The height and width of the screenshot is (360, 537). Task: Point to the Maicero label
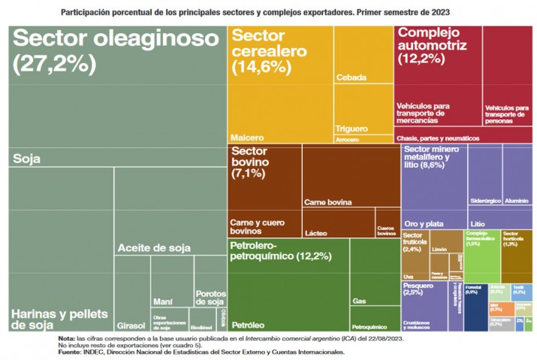[247, 138]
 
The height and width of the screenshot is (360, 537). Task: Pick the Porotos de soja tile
[210, 297]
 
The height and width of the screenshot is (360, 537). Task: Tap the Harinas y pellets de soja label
[60, 319]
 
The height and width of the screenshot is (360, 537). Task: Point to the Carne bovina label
[328, 202]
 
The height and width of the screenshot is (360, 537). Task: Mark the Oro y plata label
[424, 224]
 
